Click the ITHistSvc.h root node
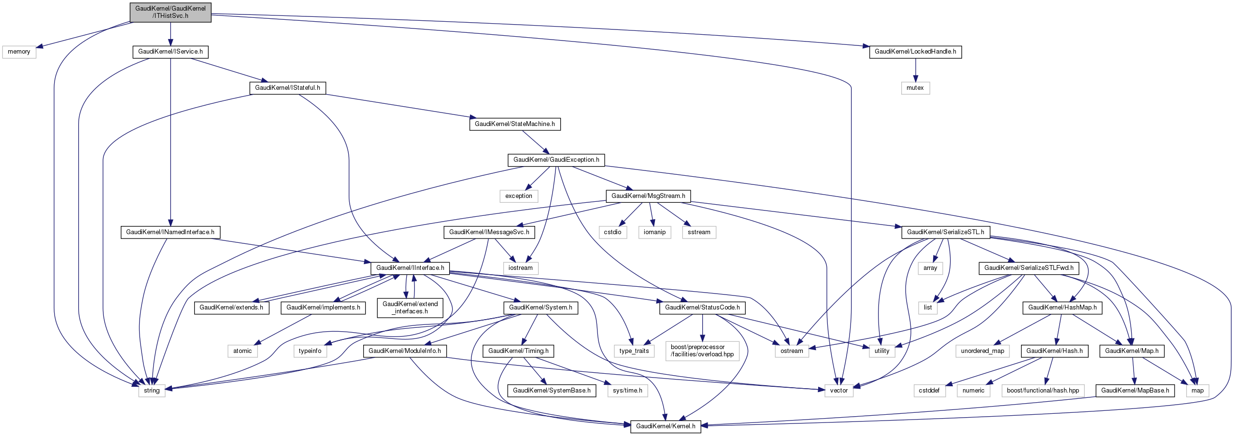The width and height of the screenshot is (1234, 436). coord(170,12)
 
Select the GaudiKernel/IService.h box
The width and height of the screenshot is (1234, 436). coord(170,52)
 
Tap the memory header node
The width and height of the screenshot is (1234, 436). coord(19,52)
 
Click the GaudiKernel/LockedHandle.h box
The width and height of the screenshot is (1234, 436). coord(915,52)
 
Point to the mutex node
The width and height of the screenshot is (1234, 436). coord(915,88)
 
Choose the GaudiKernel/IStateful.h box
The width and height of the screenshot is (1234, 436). coord(287,88)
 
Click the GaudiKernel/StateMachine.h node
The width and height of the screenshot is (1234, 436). coord(515,124)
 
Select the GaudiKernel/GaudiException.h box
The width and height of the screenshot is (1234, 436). coord(556,160)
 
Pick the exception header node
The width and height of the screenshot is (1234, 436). coord(519,196)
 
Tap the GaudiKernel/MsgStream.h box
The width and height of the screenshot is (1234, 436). coord(648,196)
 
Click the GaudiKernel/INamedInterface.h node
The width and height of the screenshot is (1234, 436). coord(170,232)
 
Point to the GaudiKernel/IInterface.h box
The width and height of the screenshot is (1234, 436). coord(410,268)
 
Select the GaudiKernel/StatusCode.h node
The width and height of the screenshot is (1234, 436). coord(702,308)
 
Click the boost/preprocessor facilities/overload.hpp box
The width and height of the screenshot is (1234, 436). coord(702,351)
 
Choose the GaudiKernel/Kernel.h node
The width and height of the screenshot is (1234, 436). coord(666,426)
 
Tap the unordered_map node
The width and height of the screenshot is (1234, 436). coord(982,351)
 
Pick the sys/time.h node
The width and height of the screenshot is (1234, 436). coord(627,391)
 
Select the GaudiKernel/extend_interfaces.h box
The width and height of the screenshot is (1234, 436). coord(410,308)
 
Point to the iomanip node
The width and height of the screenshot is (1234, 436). coord(654,232)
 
